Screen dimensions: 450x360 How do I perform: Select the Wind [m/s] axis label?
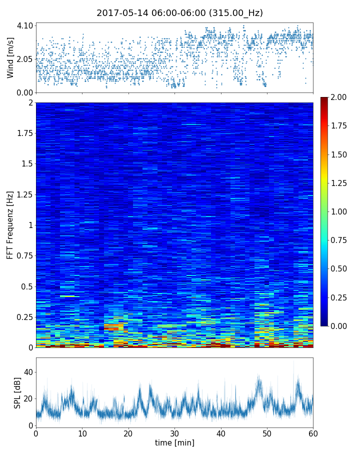pyautogui.click(x=10, y=57)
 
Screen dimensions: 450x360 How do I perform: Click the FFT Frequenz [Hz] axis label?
pyautogui.click(x=10, y=225)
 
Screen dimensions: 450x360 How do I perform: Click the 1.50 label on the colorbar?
pyautogui.click(x=339, y=154)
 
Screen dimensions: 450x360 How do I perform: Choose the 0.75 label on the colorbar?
pyautogui.click(x=339, y=240)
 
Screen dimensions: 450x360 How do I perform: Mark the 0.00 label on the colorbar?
pyautogui.click(x=339, y=326)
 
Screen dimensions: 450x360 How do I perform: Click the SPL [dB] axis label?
pyautogui.click(x=17, y=392)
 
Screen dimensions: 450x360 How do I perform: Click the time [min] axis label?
pyautogui.click(x=174, y=442)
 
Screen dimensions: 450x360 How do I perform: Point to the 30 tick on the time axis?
pyautogui.click(x=174, y=433)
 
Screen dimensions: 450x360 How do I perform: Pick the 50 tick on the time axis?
pyautogui.click(x=267, y=433)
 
